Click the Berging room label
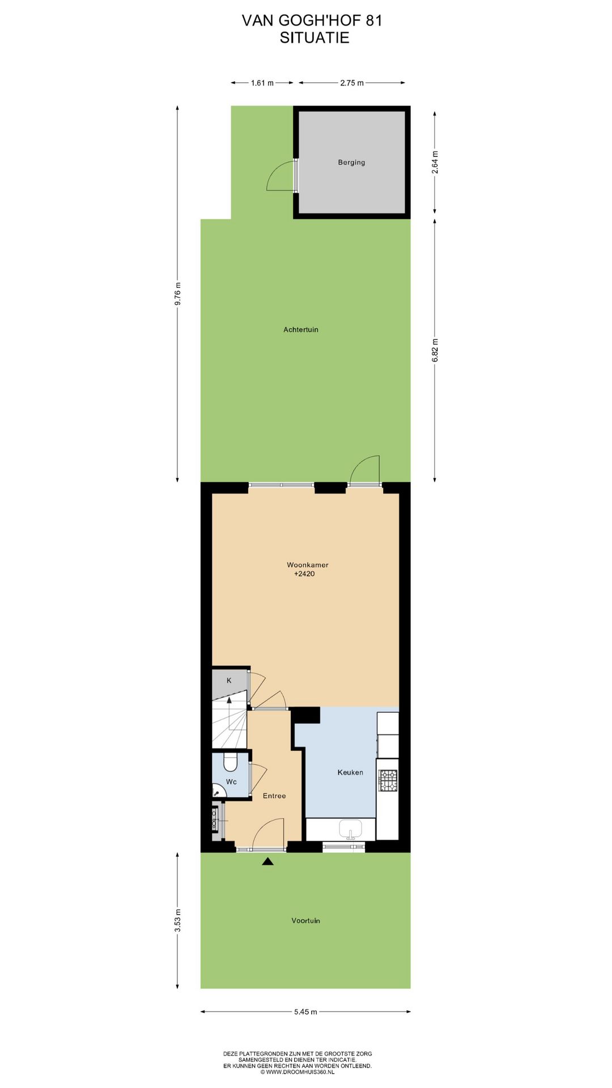click(x=351, y=163)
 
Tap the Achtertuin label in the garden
click(x=301, y=330)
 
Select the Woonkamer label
click(x=307, y=565)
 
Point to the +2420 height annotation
click(x=304, y=574)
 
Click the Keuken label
click(x=350, y=772)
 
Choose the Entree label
click(x=274, y=796)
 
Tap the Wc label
click(x=231, y=782)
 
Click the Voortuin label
click(x=306, y=921)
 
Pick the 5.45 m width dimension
click(x=305, y=1011)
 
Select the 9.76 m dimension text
click(x=177, y=294)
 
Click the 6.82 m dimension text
click(x=435, y=350)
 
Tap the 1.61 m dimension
click(x=262, y=83)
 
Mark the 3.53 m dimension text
click(x=177, y=920)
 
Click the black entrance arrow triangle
click(x=267, y=862)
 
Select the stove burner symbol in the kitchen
click(x=388, y=780)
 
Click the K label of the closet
click(x=229, y=681)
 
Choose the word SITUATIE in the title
click(x=314, y=38)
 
